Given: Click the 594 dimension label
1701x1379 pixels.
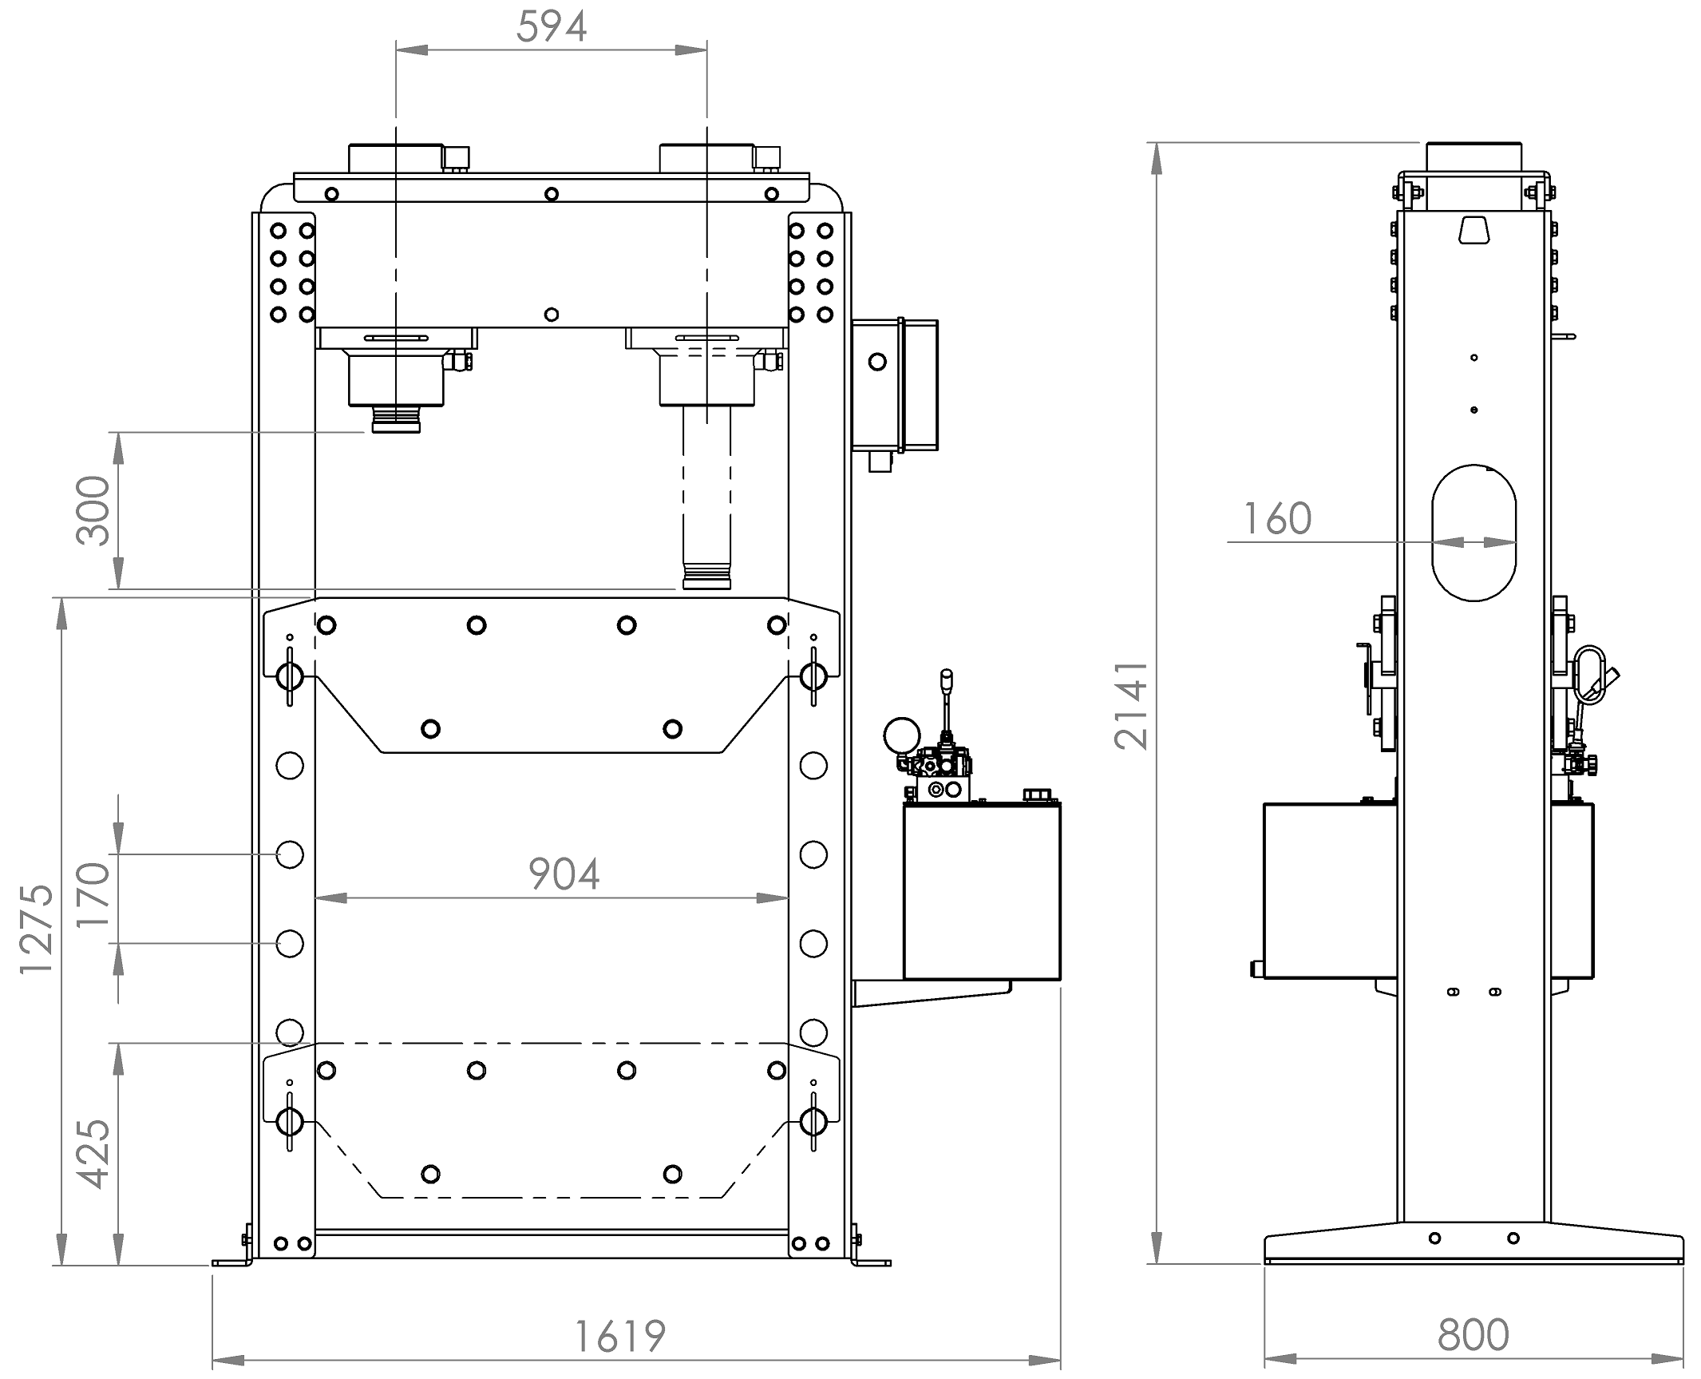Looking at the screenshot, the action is [552, 26].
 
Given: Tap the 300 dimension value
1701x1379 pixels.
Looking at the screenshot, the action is [93, 511].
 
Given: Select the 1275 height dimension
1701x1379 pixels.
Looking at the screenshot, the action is [36, 929].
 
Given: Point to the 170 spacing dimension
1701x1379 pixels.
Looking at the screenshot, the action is [93, 895].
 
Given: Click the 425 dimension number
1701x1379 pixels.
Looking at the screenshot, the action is [93, 1154].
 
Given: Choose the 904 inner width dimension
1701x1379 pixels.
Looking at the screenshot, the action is [564, 874].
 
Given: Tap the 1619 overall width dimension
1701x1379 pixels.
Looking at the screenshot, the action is [620, 1337].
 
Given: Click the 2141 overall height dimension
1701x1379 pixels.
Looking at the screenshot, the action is [1131, 705].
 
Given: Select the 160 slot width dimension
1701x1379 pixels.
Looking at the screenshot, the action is [1277, 519].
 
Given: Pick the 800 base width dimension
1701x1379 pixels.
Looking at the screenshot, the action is [1473, 1335].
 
